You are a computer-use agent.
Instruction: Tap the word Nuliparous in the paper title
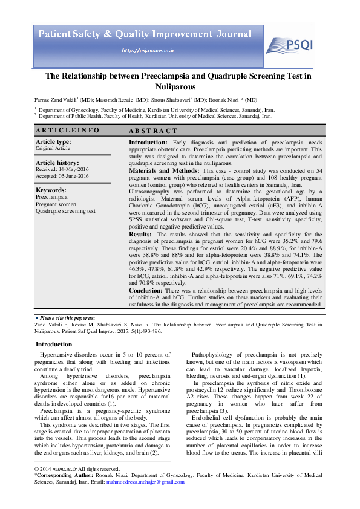click(x=180, y=86)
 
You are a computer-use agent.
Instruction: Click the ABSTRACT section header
click(x=153, y=131)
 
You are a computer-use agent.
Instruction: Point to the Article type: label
click(x=53, y=141)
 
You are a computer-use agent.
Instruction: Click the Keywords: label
click(x=51, y=190)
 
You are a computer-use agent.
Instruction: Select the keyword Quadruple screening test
click(x=65, y=211)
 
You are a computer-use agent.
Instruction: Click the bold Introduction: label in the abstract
click(x=148, y=142)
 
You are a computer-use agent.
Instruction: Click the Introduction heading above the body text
click(x=54, y=344)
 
